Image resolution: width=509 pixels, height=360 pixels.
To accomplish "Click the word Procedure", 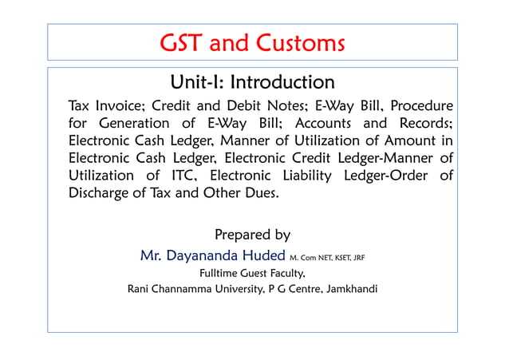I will (x=417, y=107).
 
